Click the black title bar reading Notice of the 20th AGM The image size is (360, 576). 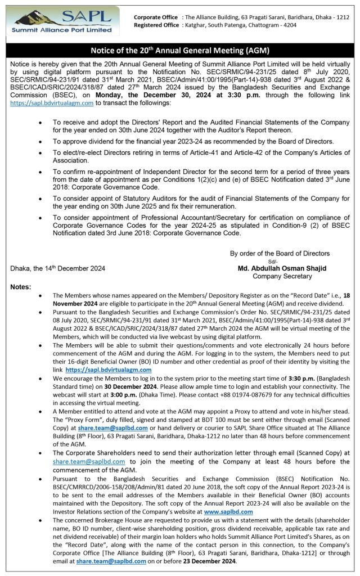[x=180, y=50]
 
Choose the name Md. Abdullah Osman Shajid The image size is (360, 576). [x=282, y=268]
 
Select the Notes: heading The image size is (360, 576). [x=21, y=287]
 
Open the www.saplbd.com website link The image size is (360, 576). [x=228, y=512]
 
